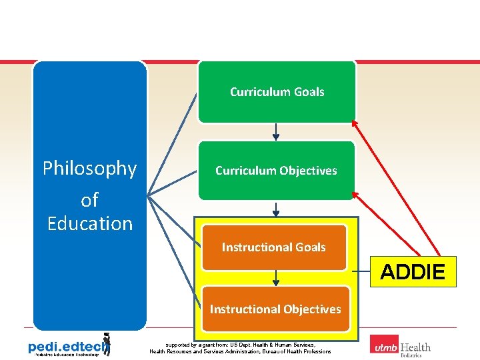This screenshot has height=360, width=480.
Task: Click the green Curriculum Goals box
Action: [x=277, y=92]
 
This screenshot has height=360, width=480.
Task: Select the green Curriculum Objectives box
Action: [x=276, y=171]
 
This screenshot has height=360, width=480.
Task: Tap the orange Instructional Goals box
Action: [x=274, y=247]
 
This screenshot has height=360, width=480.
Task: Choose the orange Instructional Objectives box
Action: [x=275, y=309]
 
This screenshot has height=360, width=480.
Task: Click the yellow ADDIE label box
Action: [x=413, y=272]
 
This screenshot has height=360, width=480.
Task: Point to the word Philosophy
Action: [x=89, y=169]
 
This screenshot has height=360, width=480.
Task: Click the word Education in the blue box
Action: [x=90, y=223]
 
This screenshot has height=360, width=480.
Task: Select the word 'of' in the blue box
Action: [x=89, y=199]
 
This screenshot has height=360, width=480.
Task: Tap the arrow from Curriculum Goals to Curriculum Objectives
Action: [x=276, y=132]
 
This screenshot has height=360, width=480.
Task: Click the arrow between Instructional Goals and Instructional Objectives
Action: [x=275, y=278]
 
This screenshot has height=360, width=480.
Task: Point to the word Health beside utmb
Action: [x=415, y=347]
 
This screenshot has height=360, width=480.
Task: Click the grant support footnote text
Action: [x=240, y=348]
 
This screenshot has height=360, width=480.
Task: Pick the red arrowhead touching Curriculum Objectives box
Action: [x=355, y=194]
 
